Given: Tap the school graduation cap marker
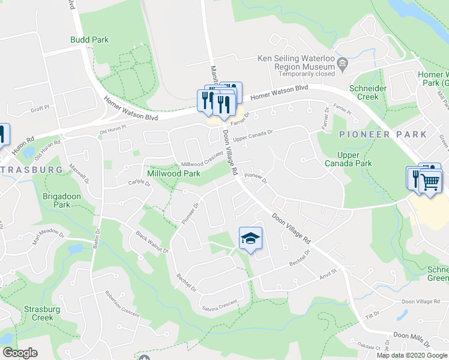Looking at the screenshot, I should [251, 238].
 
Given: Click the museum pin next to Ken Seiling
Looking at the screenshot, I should [343, 63].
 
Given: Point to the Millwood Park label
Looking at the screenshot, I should [173, 173].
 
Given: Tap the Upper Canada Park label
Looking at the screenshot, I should [348, 158].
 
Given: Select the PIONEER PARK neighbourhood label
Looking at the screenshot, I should [383, 134].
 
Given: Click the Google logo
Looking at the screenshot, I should [19, 353].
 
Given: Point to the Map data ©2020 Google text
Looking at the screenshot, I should [412, 355].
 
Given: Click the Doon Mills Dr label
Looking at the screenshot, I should [411, 340].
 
